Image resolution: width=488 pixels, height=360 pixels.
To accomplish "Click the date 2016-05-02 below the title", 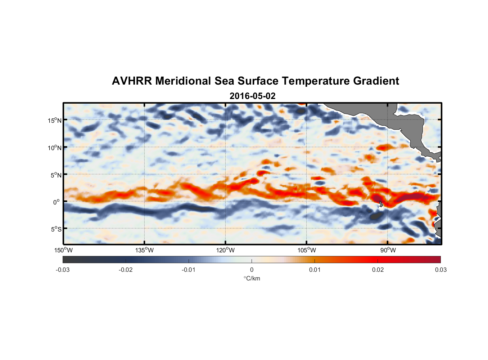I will pyautogui.click(x=252, y=96).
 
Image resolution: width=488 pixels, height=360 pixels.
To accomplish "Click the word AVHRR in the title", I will pyautogui.click(x=132, y=81).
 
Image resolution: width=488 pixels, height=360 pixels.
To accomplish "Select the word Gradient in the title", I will pyautogui.click(x=376, y=81).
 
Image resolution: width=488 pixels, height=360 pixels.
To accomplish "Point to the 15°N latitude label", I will pyautogui.click(x=54, y=120).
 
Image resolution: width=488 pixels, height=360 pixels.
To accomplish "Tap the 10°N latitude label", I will pyautogui.click(x=54, y=148).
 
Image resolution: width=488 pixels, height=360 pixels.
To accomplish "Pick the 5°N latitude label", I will pyautogui.click(x=56, y=175).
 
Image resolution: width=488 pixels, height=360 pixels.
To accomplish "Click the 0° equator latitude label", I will pyautogui.click(x=57, y=202).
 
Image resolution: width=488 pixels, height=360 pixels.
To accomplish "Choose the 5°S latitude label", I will pyautogui.click(x=56, y=229).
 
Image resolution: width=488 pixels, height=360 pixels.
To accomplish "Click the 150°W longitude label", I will pyautogui.click(x=64, y=250).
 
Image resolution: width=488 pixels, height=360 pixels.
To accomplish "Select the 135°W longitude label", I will pyautogui.click(x=145, y=250).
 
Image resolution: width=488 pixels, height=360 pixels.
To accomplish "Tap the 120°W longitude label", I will pyautogui.click(x=226, y=250).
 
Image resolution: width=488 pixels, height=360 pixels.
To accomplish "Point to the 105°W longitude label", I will pyautogui.click(x=307, y=250).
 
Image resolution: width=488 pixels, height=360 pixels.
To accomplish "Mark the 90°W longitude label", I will pyautogui.click(x=388, y=250).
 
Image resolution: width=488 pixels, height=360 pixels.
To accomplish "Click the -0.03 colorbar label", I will pyautogui.click(x=63, y=270).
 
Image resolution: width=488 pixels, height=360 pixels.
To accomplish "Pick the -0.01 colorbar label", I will pyautogui.click(x=189, y=270).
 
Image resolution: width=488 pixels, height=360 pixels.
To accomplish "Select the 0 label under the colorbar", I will pyautogui.click(x=252, y=270).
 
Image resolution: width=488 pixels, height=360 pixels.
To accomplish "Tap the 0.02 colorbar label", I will pyautogui.click(x=378, y=270).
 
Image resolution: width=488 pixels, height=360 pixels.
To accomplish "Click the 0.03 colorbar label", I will pyautogui.click(x=440, y=270).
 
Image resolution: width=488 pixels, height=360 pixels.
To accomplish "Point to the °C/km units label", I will pyautogui.click(x=252, y=278).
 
